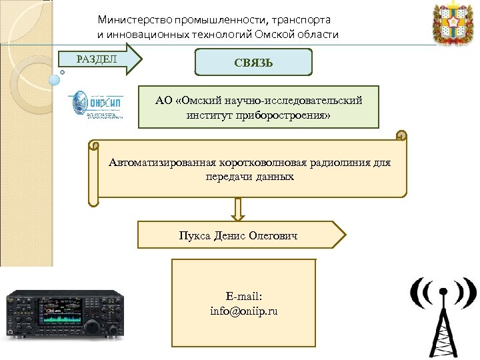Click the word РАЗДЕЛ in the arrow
(97, 59)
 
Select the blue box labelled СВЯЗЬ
(253, 62)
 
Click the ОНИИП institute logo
(97, 105)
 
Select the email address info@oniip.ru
(243, 311)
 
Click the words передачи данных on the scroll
(249, 177)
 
